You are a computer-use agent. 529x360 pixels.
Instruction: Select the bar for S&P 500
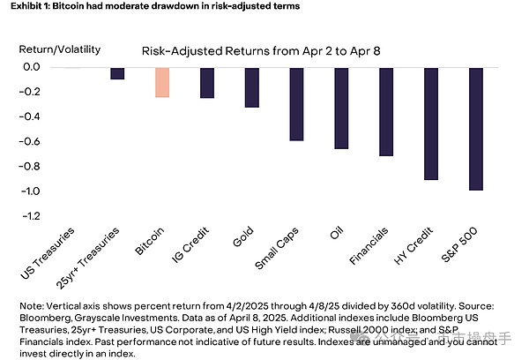point(475,129)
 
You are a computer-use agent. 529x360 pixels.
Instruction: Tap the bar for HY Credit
point(430,124)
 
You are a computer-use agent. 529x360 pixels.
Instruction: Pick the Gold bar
point(251,87)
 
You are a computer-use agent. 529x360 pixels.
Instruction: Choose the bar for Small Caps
point(296,104)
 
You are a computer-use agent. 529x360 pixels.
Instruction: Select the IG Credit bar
point(206,83)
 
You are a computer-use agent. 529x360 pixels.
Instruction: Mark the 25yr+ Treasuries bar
point(117,73)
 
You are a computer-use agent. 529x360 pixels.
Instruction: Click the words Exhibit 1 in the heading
point(25,6)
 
